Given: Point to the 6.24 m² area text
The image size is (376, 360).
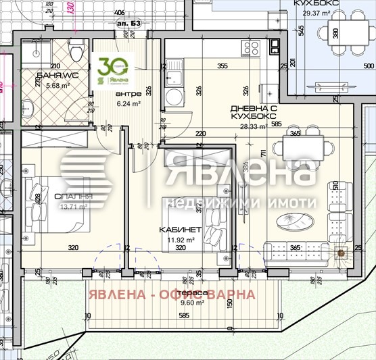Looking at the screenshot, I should pyautogui.click(x=128, y=104).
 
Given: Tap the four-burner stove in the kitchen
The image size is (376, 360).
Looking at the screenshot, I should pyautogui.click(x=252, y=48).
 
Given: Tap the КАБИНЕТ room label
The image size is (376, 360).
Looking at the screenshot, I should pyautogui.click(x=177, y=230).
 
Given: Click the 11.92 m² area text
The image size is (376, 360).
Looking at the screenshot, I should pyautogui.click(x=181, y=239).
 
